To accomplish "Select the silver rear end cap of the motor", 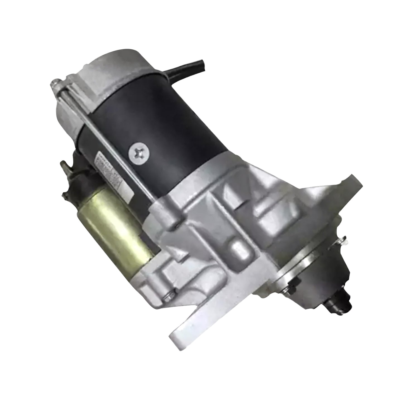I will click(x=84, y=73).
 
